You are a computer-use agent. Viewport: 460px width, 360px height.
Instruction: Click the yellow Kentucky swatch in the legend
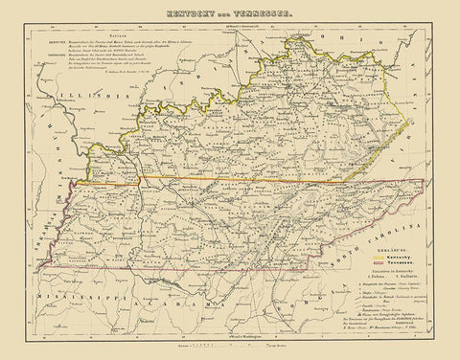coord(378,259)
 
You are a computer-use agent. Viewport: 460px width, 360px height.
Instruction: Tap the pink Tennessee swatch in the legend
coord(378,268)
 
